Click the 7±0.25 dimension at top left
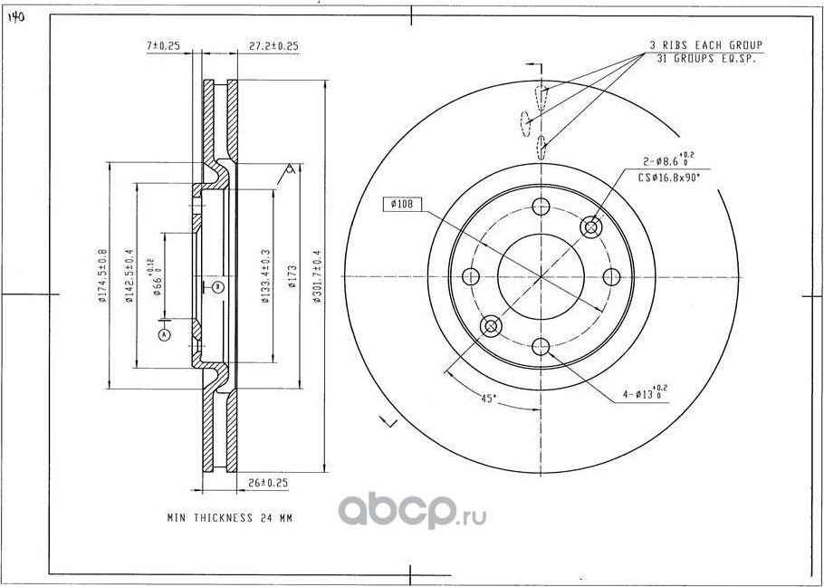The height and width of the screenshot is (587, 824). pos(164,44)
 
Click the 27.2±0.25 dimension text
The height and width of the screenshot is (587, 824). pos(273,44)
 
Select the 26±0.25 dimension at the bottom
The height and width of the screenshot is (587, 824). pos(267,484)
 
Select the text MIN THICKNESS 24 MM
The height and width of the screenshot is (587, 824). pos(230,519)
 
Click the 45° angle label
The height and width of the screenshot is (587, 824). pos(488,399)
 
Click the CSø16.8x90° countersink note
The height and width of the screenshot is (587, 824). pos(669,178)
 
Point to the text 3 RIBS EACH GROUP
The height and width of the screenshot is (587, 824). pos(705,44)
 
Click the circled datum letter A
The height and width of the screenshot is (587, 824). pos(164,334)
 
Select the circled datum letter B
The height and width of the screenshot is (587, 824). pos(218,287)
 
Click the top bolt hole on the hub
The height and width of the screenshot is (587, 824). pos(541,206)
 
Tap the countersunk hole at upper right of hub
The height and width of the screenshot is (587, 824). pos(592,226)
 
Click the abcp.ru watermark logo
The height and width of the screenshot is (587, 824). pos(412,513)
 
